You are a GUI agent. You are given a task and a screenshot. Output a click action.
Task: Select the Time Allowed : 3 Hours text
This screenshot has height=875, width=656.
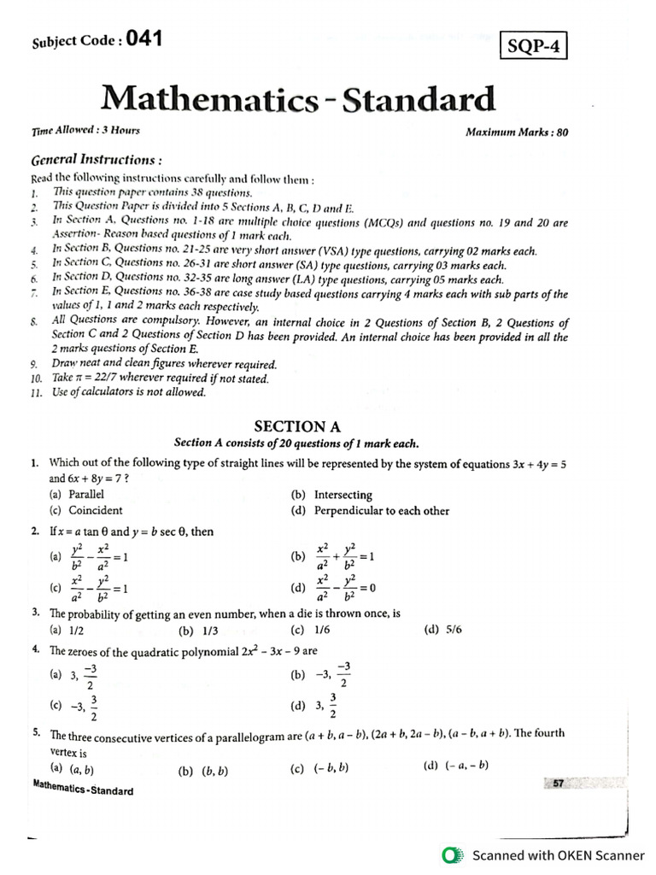[x=85, y=130]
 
